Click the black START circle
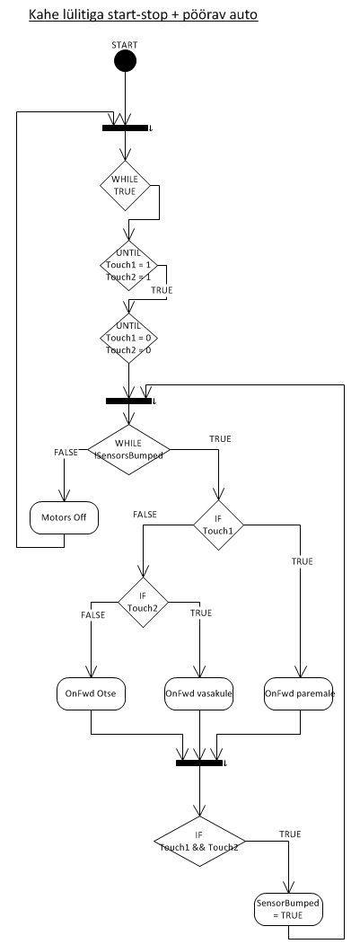tap(125, 61)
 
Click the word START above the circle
tap(125, 45)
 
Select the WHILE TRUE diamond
tap(125, 185)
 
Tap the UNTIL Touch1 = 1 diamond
tap(129, 265)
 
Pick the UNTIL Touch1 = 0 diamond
tap(129, 337)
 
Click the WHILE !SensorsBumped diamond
tap(129, 449)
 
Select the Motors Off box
tap(64, 517)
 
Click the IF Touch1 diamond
tap(218, 525)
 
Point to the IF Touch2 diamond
tap(143, 602)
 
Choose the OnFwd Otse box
tap(91, 693)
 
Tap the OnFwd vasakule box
tap(199, 693)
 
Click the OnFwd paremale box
tap(299, 693)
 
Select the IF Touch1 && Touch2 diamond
tap(199, 841)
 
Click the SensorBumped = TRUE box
tap(288, 909)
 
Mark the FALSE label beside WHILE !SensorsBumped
tap(66, 453)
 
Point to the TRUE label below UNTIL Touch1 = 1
tap(162, 290)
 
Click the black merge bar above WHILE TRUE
tap(125, 128)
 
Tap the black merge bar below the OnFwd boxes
tap(199, 763)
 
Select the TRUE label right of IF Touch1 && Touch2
tap(290, 834)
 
